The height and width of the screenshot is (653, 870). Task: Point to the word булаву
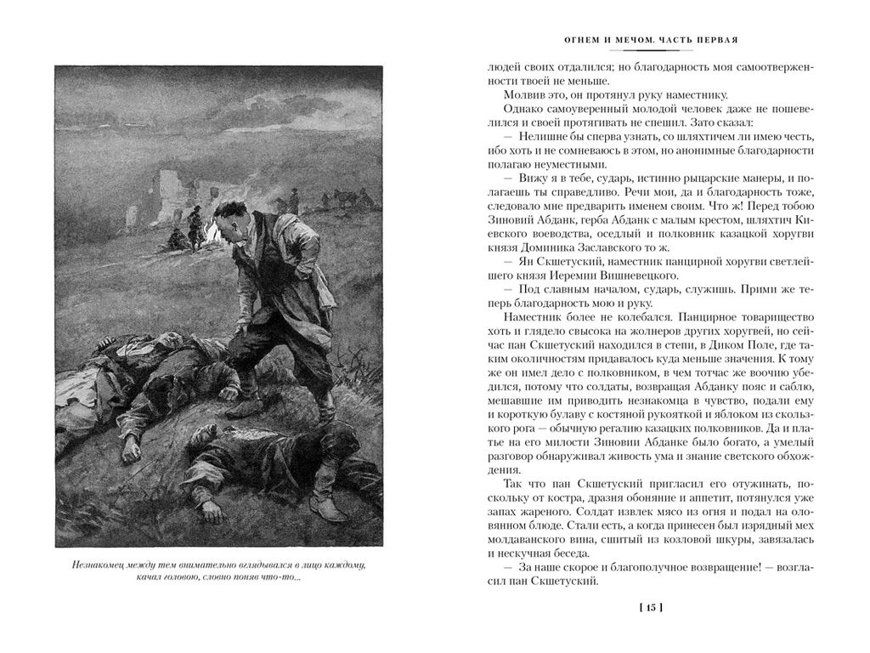(559, 416)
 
